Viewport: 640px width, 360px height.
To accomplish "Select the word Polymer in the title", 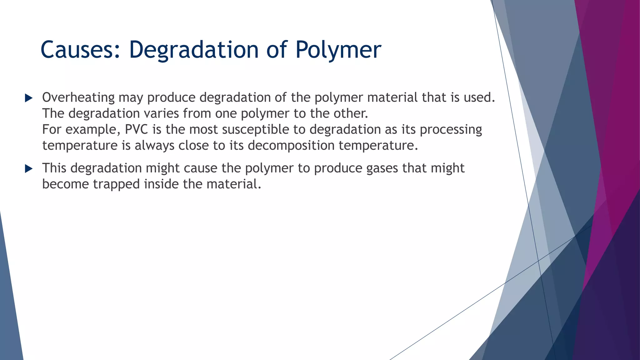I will [338, 50].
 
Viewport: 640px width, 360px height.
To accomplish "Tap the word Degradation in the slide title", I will [194, 50].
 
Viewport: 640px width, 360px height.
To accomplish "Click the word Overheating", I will [78, 97].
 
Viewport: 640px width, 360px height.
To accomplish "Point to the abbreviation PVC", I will [137, 129].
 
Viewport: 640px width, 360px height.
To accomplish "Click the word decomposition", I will [291, 145].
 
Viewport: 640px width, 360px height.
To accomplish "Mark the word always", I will [154, 145].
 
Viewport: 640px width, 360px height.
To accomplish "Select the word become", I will [65, 184].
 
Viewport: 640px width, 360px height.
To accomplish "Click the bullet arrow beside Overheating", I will [29, 98].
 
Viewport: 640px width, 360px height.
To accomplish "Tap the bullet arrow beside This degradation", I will [29, 169].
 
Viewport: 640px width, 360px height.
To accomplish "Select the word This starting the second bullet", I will [54, 168].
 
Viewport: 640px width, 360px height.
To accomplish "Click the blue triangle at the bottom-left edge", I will [9, 312].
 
